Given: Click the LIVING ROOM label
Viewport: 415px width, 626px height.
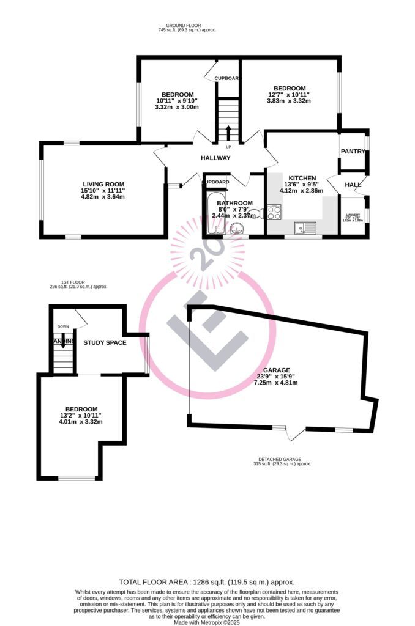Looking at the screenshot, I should coord(104,184).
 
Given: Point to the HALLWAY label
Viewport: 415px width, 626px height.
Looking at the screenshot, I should coord(215,158).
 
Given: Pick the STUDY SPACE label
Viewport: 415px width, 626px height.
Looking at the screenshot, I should coord(105,342).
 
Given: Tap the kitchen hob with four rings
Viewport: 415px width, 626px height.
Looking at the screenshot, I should coord(274,213).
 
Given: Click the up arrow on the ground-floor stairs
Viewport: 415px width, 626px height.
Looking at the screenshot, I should coord(229,132).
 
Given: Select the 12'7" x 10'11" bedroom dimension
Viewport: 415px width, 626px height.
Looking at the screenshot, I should coord(289,95).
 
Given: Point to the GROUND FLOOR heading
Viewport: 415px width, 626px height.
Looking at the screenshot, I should coord(187,25).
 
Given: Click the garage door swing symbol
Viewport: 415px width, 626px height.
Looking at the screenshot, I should coord(296,433).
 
